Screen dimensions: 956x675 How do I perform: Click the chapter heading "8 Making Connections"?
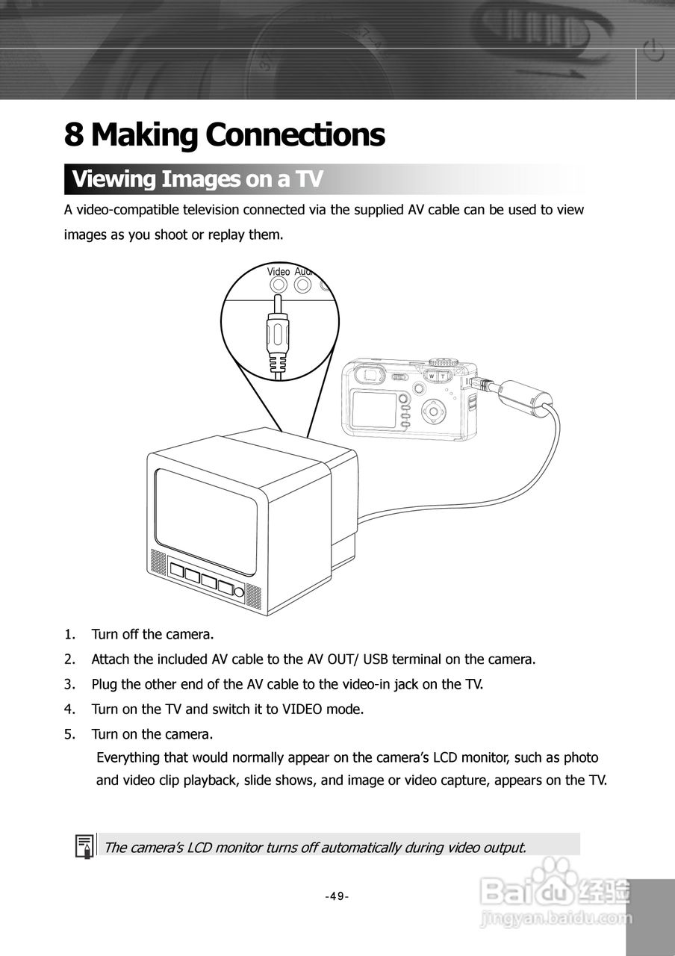(224, 135)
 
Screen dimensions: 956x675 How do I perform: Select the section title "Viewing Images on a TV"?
(197, 179)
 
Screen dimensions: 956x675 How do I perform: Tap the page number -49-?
(337, 896)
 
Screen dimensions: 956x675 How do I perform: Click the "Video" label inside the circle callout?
(278, 272)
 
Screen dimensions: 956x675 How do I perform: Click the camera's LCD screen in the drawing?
(373, 410)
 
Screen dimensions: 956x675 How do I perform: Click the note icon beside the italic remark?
(84, 846)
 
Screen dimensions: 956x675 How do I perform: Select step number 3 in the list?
(69, 684)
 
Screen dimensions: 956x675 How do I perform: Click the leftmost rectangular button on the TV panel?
(177, 571)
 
